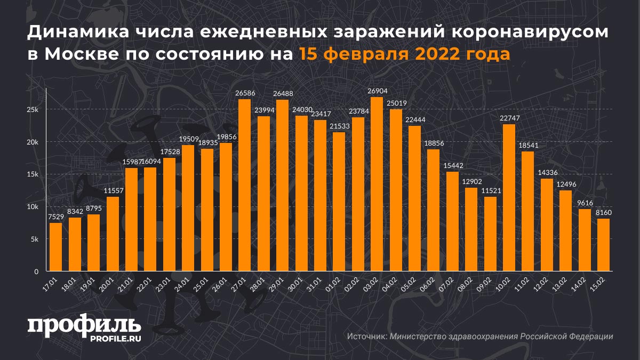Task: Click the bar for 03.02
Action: pos(377,184)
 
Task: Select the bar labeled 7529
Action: pos(55,247)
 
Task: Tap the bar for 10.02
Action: pos(509,197)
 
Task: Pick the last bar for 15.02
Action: pos(603,245)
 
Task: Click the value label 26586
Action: pos(245,93)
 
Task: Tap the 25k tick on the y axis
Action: pos(33,109)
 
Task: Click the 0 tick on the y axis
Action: pos(36,272)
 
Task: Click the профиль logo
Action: pos(84,325)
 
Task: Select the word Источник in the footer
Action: pos(366,337)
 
